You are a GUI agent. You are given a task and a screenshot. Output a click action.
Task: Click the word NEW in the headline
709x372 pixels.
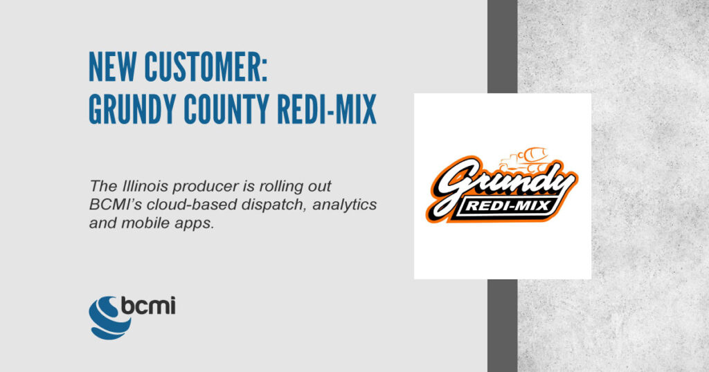tap(112, 67)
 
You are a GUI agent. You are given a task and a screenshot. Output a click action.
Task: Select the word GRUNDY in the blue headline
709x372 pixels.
tap(132, 109)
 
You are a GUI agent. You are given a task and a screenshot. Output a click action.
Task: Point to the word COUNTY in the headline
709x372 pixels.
tap(226, 109)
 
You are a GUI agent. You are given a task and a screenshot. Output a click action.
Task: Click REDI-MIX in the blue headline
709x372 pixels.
tap(327, 109)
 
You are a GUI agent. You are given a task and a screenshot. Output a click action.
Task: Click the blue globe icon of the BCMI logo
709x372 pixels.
tap(109, 318)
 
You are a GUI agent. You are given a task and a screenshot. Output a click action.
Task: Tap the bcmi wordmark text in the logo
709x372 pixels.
tap(148, 306)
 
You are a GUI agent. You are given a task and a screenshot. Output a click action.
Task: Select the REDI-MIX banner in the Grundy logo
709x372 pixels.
tap(509, 207)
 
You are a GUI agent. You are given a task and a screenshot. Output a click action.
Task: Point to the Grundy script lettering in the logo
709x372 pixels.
tap(502, 186)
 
